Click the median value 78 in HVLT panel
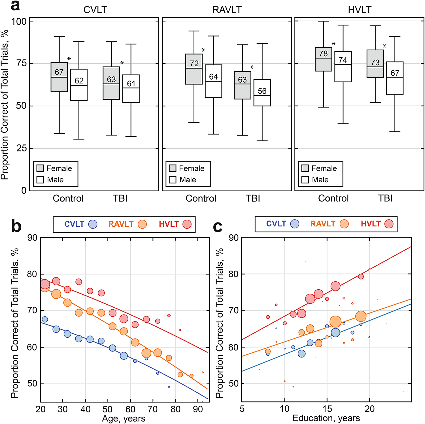(323, 53)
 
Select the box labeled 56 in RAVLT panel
(262, 93)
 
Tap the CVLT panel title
(95, 10)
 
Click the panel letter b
(16, 226)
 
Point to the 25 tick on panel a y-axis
(21, 148)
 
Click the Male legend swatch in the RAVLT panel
(173, 180)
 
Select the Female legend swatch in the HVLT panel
(305, 168)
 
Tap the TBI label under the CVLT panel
(120, 198)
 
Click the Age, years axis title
(124, 418)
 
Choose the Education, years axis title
(326, 418)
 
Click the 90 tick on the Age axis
(198, 409)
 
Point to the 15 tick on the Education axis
(327, 409)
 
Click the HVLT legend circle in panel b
(187, 224)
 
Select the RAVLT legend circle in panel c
(344, 224)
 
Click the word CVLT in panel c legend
(276, 224)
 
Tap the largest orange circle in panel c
(335, 322)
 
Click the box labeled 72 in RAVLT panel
(194, 69)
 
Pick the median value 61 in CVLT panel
(131, 84)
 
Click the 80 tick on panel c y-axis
(234, 274)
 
